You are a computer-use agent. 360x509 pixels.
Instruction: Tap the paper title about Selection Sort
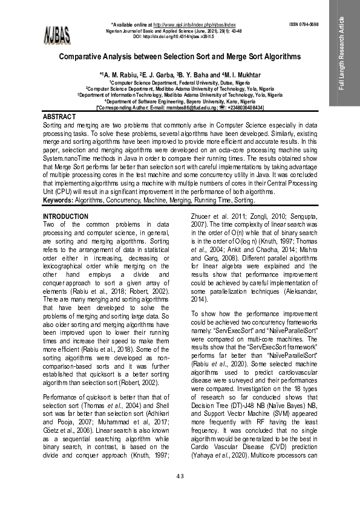179,56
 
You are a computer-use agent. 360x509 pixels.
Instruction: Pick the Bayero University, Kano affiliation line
180,101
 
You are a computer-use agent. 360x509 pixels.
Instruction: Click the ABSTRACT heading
59,116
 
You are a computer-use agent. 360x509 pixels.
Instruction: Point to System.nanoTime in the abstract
70,164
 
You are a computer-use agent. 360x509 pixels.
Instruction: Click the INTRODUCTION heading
65,216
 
